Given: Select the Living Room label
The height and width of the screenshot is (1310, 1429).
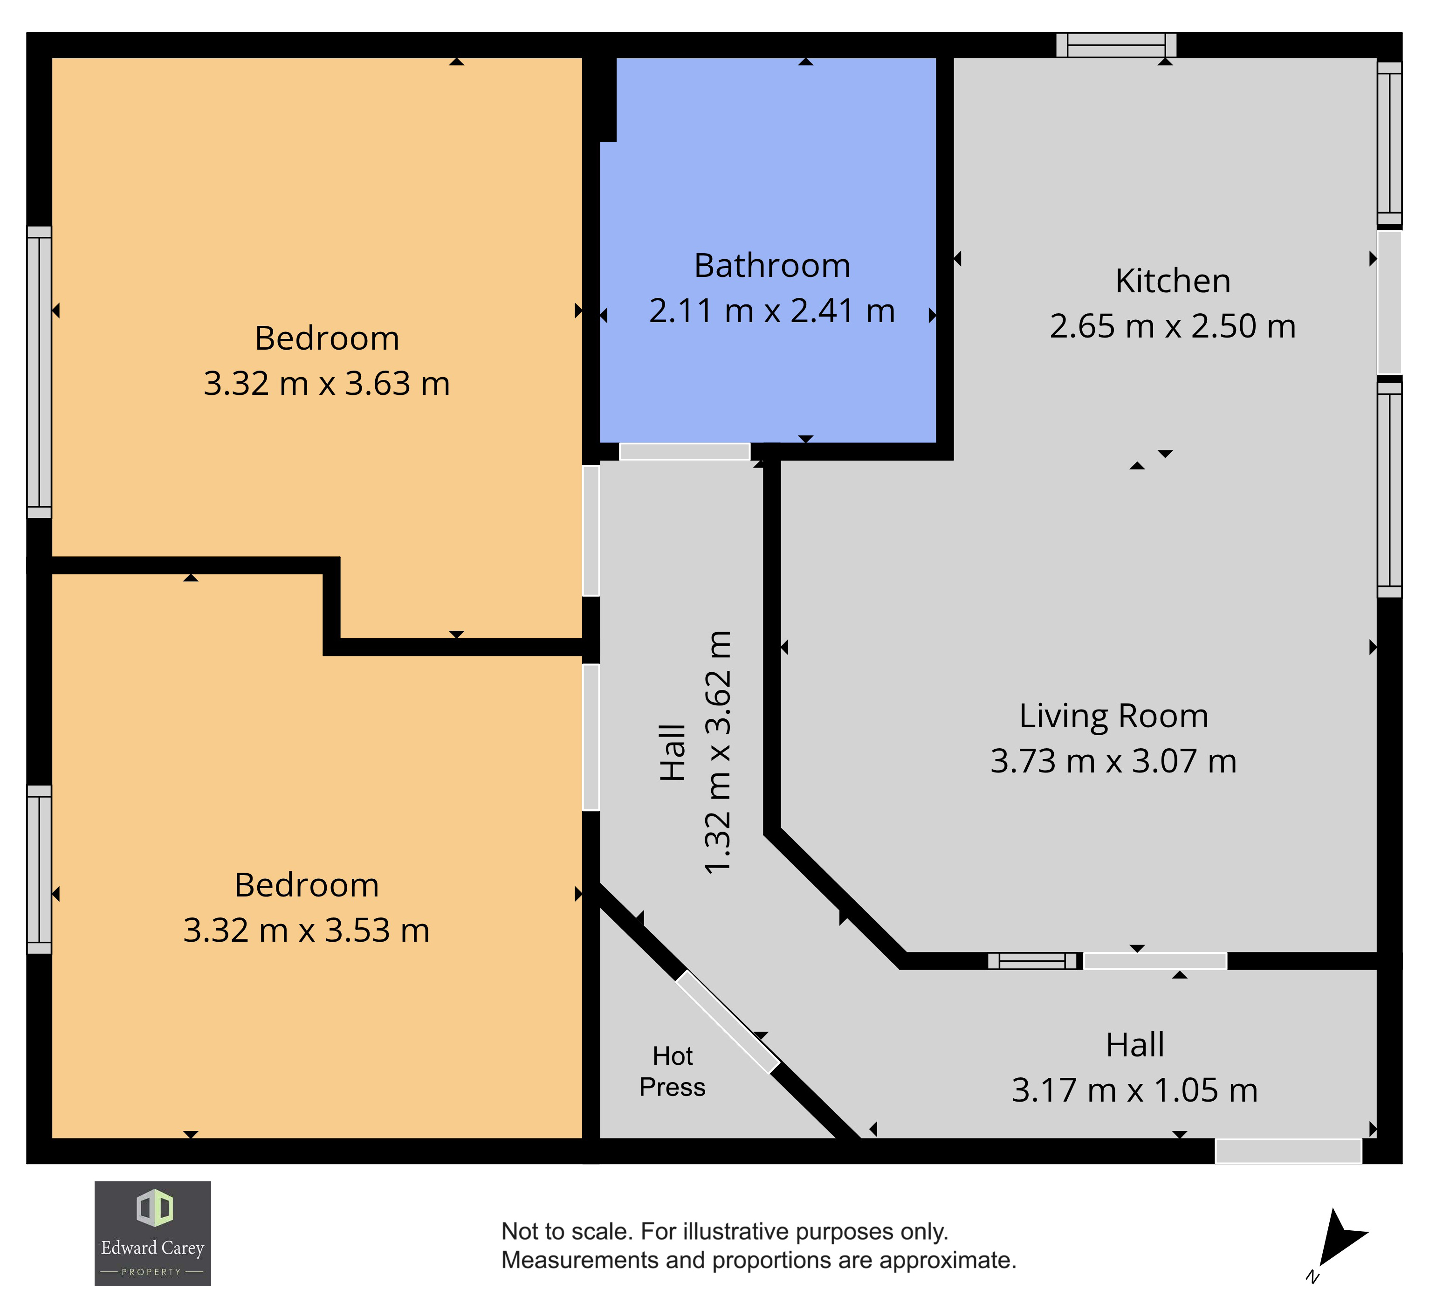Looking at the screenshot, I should pyautogui.click(x=1113, y=716).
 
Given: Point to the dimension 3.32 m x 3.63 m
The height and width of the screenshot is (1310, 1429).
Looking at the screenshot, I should pyautogui.click(x=327, y=384).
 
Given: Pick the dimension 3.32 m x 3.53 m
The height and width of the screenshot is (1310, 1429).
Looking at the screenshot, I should pyautogui.click(x=306, y=931).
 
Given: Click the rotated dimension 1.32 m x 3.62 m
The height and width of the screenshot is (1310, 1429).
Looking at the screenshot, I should pyautogui.click(x=717, y=752).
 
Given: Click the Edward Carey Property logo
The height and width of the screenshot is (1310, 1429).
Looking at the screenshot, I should pyautogui.click(x=152, y=1234).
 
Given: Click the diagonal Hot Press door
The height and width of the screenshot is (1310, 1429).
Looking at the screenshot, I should pyautogui.click(x=727, y=1021).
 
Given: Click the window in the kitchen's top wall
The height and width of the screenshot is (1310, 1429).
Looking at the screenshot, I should pyautogui.click(x=1116, y=45).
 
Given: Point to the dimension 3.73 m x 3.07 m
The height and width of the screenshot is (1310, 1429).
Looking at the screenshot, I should pyautogui.click(x=1113, y=761).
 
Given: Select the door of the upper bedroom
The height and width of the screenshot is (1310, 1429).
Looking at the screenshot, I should pyautogui.click(x=591, y=530).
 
